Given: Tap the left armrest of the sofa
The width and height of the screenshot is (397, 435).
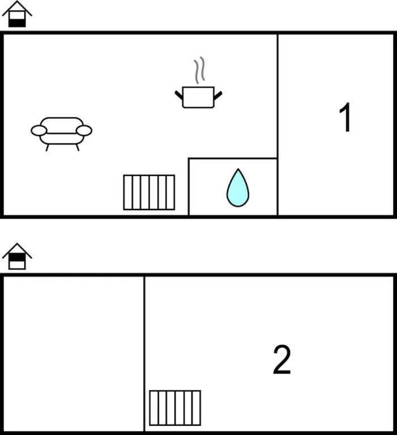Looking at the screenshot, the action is [x=39, y=130].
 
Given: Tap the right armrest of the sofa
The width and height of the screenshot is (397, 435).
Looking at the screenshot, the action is [x=84, y=130].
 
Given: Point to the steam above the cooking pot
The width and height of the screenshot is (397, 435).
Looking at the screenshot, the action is [x=199, y=70].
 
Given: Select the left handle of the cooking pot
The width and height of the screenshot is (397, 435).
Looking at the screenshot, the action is [x=179, y=95].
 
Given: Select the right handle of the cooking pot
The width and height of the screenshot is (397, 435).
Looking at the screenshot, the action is [x=218, y=95].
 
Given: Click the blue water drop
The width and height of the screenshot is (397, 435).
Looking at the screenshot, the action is [x=238, y=188].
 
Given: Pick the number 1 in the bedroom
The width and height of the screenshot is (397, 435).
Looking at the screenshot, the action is [x=345, y=117].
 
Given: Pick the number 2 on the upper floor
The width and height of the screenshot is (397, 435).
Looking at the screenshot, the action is [x=282, y=360].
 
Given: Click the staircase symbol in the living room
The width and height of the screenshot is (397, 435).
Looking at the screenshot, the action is [x=149, y=192].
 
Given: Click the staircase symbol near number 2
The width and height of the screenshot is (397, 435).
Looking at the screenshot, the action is [x=175, y=408].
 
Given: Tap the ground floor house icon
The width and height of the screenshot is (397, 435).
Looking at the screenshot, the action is [x=17, y=14].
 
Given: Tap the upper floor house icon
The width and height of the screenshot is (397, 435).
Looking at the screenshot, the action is [x=17, y=256].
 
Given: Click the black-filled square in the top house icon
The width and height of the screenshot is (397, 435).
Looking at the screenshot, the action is [x=17, y=23].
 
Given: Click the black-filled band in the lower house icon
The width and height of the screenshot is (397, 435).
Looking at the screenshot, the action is [x=17, y=258].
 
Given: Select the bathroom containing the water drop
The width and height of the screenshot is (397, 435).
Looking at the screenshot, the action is [x=233, y=187].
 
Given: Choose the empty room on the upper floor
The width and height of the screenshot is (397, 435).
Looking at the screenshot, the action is [x=74, y=353].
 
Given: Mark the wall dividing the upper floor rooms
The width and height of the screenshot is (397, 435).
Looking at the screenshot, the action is [x=144, y=353].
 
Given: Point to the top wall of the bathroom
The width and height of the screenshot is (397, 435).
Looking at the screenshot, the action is [x=233, y=159].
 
